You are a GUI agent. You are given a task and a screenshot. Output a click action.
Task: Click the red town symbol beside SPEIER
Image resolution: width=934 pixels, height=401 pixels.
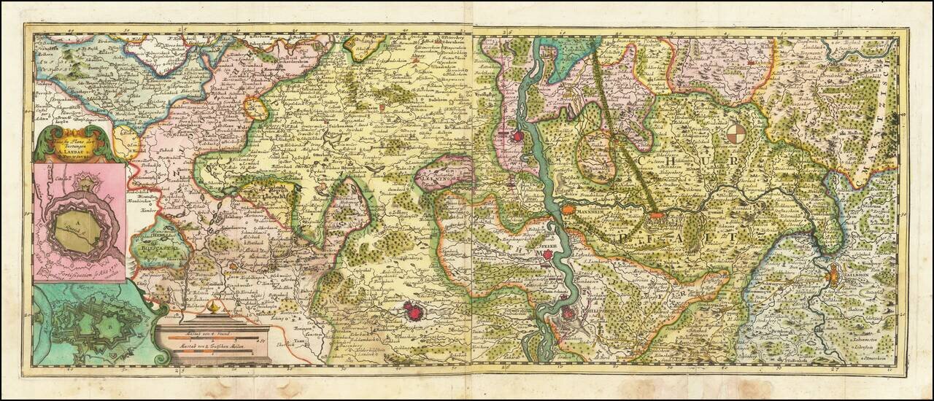[547, 258]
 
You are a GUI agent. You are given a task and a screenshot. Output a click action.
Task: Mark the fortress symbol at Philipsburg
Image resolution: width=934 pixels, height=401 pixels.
[568, 314]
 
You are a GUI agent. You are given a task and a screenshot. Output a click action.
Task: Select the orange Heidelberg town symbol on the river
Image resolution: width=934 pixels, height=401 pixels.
[656, 215]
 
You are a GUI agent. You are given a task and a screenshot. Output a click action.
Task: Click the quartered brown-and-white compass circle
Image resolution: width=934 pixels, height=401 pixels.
[737, 134]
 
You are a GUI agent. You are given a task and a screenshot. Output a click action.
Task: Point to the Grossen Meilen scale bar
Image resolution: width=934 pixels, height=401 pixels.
[212, 351]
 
